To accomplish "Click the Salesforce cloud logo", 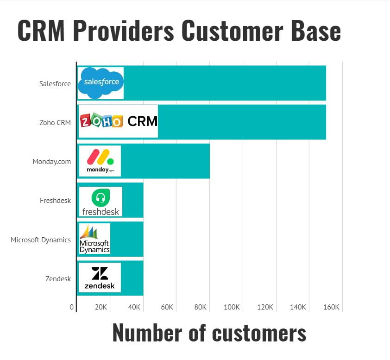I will (x=101, y=83).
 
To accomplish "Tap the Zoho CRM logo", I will (x=119, y=121).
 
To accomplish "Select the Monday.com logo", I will (x=100, y=161).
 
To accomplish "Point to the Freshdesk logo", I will (x=101, y=202).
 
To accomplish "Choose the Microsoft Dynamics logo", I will (x=94, y=239).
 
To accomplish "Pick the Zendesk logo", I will (x=100, y=278).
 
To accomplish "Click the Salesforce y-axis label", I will (x=55, y=84).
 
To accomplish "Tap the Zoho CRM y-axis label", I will (x=55, y=123).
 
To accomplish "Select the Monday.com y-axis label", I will (x=52, y=162).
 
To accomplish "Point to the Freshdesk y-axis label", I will (x=56, y=201).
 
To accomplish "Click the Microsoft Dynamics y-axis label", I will (x=41, y=240).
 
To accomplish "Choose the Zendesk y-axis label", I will (x=58, y=278).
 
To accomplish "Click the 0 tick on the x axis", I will (x=72, y=307).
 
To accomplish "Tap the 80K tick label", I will (x=200, y=307).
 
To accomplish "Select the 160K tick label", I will (x=332, y=307).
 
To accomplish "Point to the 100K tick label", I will (x=232, y=307).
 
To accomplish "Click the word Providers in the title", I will (x=122, y=31).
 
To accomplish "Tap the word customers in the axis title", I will (x=247, y=333).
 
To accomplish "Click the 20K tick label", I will (x=101, y=307).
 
